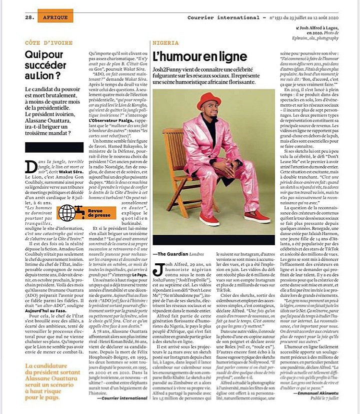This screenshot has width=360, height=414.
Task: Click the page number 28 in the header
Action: tap(29, 17)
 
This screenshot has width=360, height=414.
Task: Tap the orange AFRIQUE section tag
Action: tap(55, 17)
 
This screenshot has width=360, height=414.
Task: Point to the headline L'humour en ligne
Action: tap(200, 56)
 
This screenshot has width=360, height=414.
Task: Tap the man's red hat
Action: tap(208, 101)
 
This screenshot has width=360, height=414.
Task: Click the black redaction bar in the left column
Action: tap(53, 147)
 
